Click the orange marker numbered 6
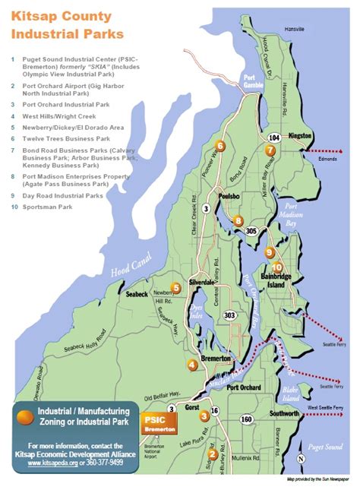[x=220, y=145]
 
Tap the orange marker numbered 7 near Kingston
[x=270, y=150]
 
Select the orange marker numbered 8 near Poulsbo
[x=238, y=221]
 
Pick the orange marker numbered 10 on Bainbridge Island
[x=276, y=267]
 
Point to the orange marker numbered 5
[x=175, y=287]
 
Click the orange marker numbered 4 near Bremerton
[x=192, y=365]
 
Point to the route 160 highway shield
[x=246, y=419]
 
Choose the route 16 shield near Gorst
[x=215, y=411]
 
